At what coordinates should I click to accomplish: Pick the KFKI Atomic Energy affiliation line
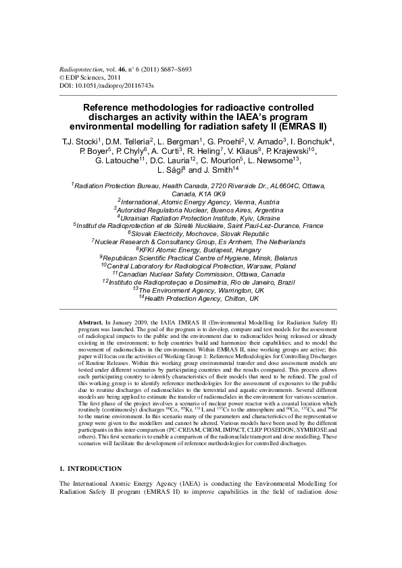tap(201, 249)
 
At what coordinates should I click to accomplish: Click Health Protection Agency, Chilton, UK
tap(201, 297)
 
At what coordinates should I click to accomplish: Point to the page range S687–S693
tap(174, 70)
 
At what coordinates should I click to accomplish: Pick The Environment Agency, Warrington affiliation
tap(201, 289)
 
